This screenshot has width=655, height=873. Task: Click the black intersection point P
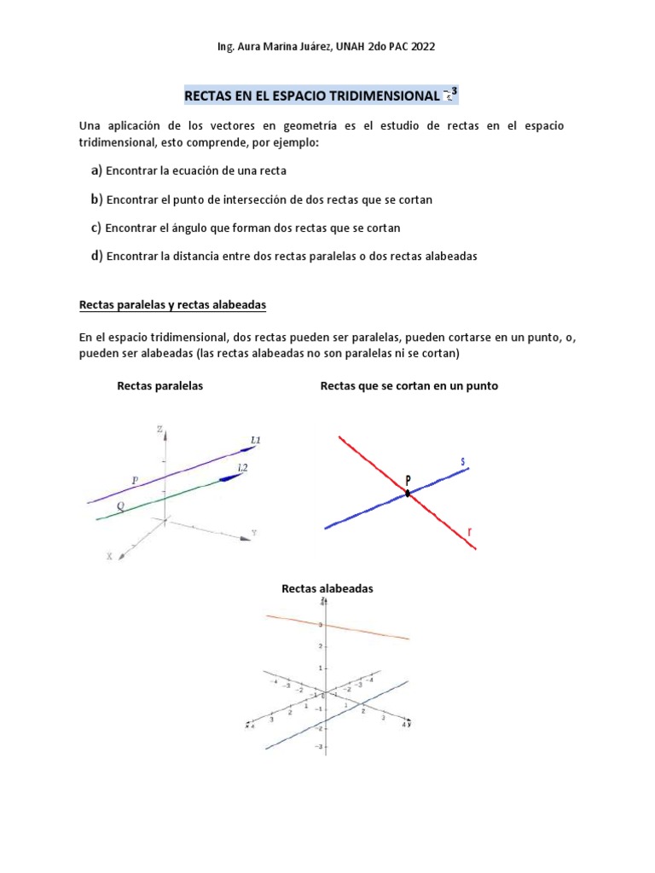coord(408,493)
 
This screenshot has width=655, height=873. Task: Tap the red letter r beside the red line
coord(469,534)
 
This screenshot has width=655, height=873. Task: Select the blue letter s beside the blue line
coord(463,462)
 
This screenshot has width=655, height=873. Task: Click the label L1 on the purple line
coord(255,440)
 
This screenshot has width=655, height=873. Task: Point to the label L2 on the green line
coord(243,467)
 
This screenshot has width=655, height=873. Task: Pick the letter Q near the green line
coord(120,505)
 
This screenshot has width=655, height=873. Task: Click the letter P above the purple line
coord(135,481)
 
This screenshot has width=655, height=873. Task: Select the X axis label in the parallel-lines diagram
coord(109,556)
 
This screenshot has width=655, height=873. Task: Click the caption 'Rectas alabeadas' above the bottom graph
coord(327,588)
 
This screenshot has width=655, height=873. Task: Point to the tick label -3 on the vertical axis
coord(320,747)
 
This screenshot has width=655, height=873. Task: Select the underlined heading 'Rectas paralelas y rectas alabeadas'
coord(174,304)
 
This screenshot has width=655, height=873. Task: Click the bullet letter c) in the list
coord(96,228)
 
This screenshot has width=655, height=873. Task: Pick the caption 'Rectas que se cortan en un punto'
coord(409,386)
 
